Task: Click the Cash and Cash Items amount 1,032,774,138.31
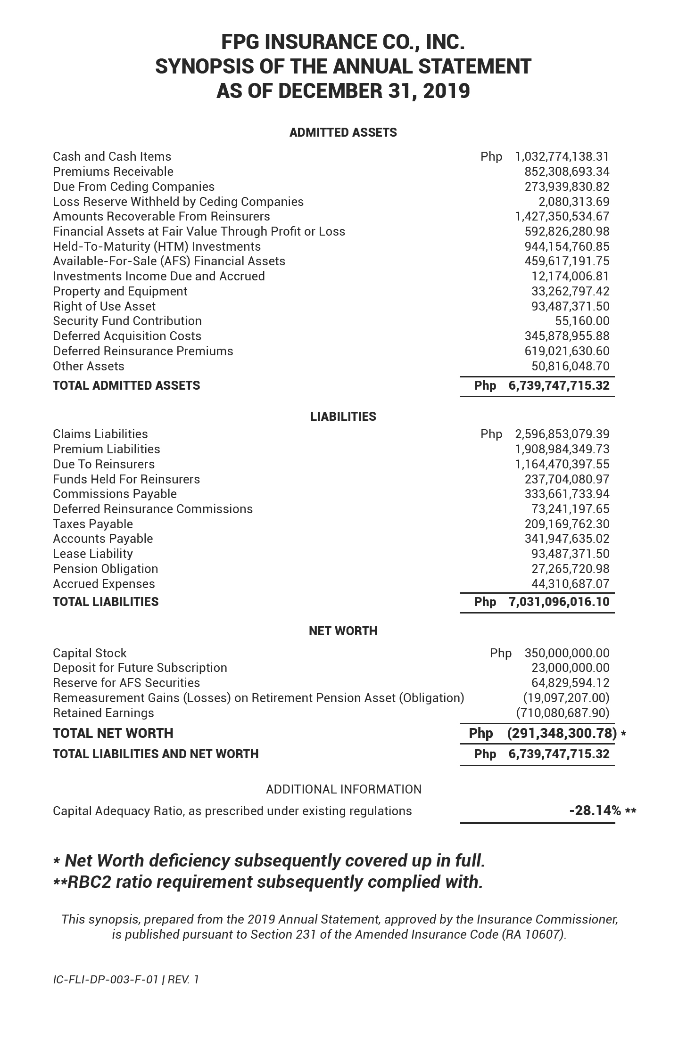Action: tap(562, 156)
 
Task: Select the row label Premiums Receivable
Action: tap(113, 172)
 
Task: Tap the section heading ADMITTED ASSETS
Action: tap(343, 132)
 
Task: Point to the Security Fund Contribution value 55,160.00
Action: tap(582, 321)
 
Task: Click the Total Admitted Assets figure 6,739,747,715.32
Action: tap(559, 385)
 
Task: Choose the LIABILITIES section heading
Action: tap(343, 417)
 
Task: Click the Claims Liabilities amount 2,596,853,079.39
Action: tap(562, 434)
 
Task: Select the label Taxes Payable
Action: tap(93, 524)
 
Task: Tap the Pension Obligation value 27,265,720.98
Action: tap(570, 569)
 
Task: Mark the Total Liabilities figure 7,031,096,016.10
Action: tap(559, 602)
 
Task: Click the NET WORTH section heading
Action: tap(343, 631)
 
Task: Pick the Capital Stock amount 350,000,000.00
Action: tap(567, 653)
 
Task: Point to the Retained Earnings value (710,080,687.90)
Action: tap(563, 713)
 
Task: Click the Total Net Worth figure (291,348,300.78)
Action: tap(562, 733)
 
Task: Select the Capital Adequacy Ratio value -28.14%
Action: tap(595, 811)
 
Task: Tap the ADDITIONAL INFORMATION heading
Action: tap(344, 789)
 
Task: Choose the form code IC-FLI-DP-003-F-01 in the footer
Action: tap(105, 980)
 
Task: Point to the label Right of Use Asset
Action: tap(104, 306)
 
